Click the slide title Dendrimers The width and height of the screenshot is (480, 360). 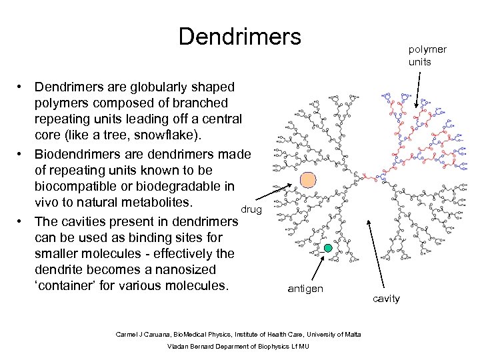(x=240, y=36)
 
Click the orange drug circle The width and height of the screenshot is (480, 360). (x=308, y=180)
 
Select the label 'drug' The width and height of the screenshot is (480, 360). (x=251, y=210)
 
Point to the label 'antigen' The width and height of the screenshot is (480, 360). (x=305, y=289)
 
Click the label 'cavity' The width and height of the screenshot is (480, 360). (x=387, y=298)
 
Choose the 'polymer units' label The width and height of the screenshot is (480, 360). (x=427, y=55)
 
